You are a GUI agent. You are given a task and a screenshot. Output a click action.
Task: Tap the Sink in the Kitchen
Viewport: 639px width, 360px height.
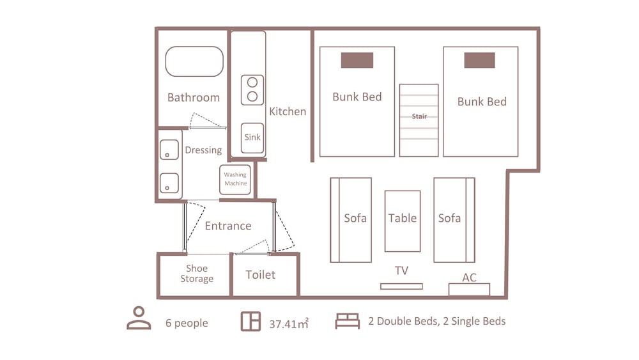click(x=252, y=138)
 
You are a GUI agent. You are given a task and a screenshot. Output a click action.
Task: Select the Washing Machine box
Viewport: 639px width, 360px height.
click(x=235, y=180)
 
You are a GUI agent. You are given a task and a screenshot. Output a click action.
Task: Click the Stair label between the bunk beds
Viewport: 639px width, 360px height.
click(x=419, y=116)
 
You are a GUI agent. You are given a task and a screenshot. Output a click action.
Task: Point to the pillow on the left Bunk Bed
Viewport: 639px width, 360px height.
click(x=357, y=60)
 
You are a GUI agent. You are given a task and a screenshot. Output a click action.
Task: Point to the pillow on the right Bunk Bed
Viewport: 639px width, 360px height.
click(x=480, y=60)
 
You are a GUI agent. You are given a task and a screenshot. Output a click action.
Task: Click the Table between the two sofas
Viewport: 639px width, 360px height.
click(x=403, y=221)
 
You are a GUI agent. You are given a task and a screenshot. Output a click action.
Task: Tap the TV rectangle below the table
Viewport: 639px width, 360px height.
click(x=401, y=286)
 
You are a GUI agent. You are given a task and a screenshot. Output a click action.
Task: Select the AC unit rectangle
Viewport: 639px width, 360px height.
click(x=469, y=289)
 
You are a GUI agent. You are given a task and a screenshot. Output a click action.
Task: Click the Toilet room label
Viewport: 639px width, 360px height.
click(x=261, y=275)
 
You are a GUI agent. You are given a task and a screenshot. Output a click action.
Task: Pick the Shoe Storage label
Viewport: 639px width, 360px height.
click(x=197, y=274)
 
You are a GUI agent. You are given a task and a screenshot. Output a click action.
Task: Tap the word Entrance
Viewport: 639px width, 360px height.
click(x=228, y=226)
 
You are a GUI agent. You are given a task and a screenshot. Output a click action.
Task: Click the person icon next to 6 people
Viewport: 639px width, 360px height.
click(x=139, y=318)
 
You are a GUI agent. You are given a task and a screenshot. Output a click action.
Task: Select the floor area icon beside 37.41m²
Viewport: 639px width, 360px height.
click(x=250, y=321)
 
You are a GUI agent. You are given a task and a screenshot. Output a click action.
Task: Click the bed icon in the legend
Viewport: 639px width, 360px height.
click(x=348, y=321)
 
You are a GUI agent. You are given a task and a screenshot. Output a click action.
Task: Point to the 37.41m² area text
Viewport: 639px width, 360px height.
click(x=289, y=324)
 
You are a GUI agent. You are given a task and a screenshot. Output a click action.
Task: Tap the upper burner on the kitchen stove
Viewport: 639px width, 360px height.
click(x=252, y=82)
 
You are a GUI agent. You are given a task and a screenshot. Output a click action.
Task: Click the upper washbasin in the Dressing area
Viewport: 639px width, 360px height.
click(x=169, y=150)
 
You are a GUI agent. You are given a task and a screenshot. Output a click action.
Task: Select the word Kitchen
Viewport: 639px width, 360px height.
click(x=288, y=111)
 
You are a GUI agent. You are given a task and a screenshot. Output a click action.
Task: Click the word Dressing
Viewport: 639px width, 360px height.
click(x=203, y=150)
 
